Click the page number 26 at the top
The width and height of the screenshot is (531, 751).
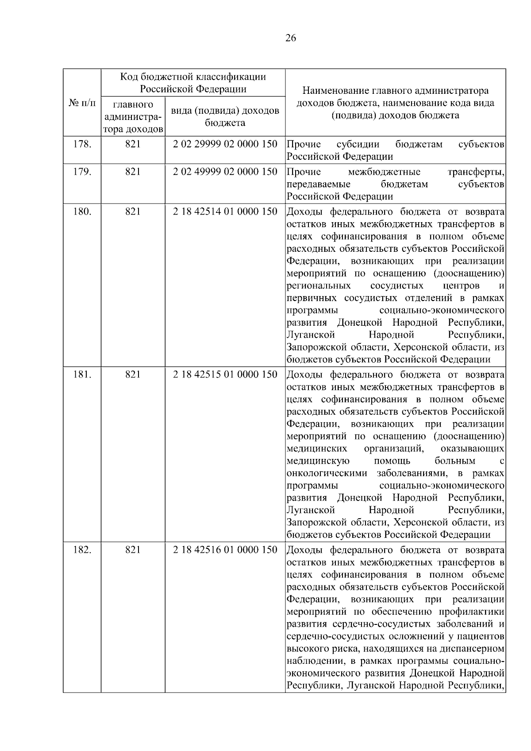[x=291, y=38]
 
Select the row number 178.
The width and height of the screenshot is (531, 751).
[x=82, y=144]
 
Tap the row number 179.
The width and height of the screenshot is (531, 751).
[x=82, y=172]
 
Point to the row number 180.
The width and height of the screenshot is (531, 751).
[x=82, y=212]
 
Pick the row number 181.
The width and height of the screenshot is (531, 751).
[x=82, y=374]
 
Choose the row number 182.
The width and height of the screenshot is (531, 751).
[x=82, y=550]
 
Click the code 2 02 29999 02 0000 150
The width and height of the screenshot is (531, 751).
[x=225, y=144]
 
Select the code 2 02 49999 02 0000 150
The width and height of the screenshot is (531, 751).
[x=225, y=172]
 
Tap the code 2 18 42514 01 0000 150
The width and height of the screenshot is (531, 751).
[x=225, y=212]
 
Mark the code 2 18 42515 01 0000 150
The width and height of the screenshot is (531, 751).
[x=225, y=374]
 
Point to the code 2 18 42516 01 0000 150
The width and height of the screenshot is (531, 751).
[x=225, y=550]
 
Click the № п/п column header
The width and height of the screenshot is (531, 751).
[x=82, y=103]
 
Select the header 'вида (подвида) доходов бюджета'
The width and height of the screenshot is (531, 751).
[x=225, y=116]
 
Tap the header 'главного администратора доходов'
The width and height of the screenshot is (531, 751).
[x=133, y=117]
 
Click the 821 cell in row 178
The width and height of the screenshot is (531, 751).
[x=133, y=144]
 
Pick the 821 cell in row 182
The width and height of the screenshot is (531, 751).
[x=133, y=550]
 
